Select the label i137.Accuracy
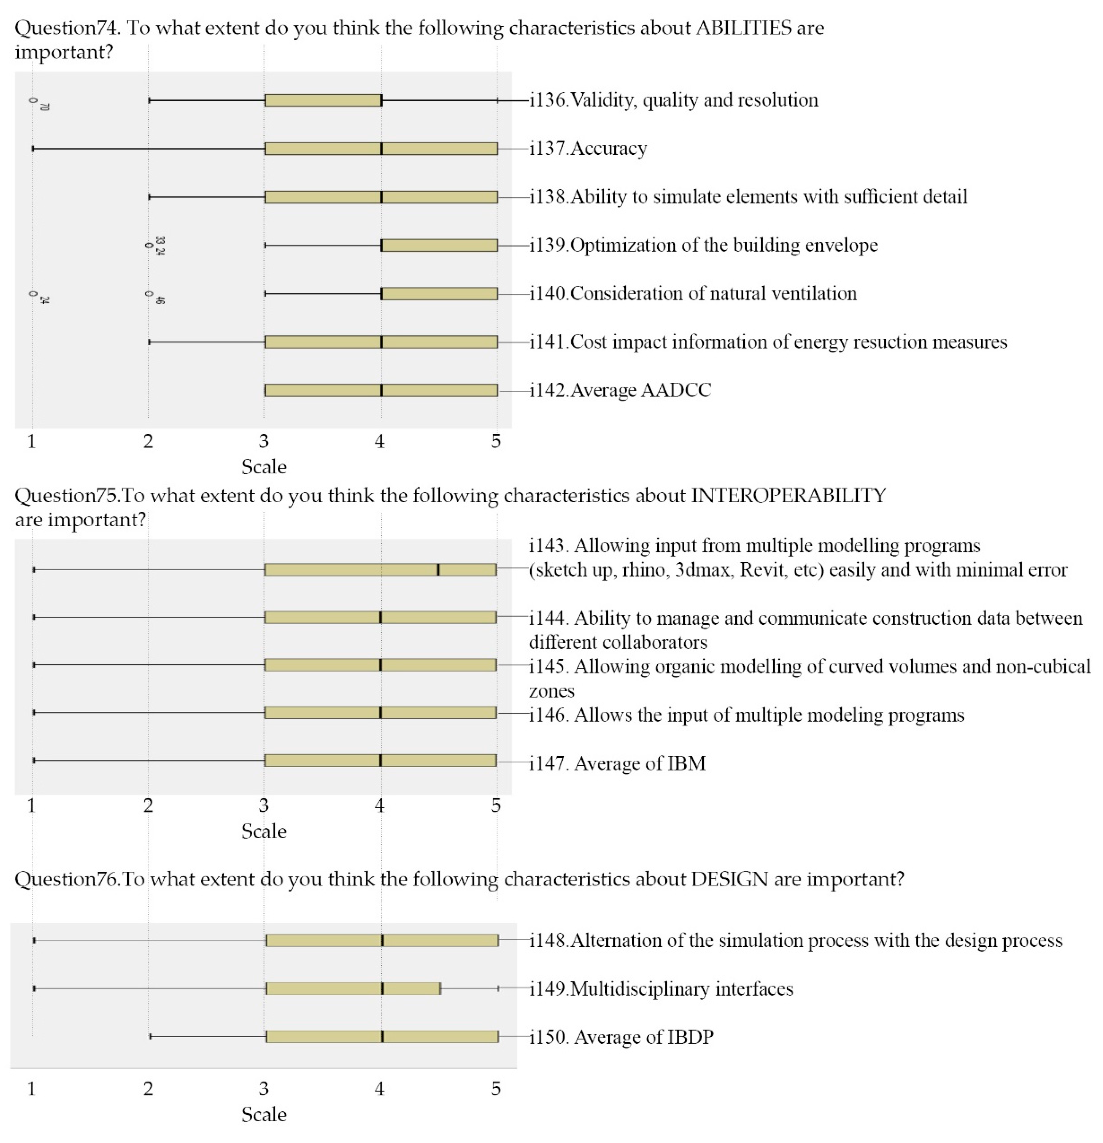[x=588, y=149]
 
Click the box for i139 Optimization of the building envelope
[x=439, y=245]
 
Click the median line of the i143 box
[x=438, y=570]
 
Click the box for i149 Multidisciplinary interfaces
[x=353, y=988]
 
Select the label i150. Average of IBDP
[x=621, y=1037]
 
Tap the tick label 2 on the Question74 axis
[x=148, y=441]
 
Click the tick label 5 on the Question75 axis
[x=496, y=805]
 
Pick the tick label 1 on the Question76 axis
[x=31, y=1089]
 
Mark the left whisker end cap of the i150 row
[x=151, y=1036]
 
